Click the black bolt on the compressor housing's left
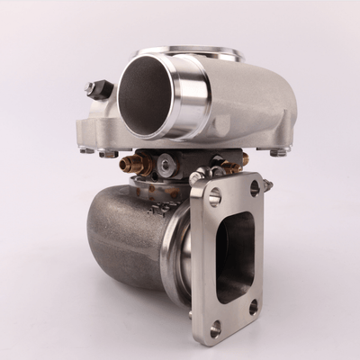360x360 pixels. coord(97,90)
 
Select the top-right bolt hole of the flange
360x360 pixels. coord(256,187)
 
